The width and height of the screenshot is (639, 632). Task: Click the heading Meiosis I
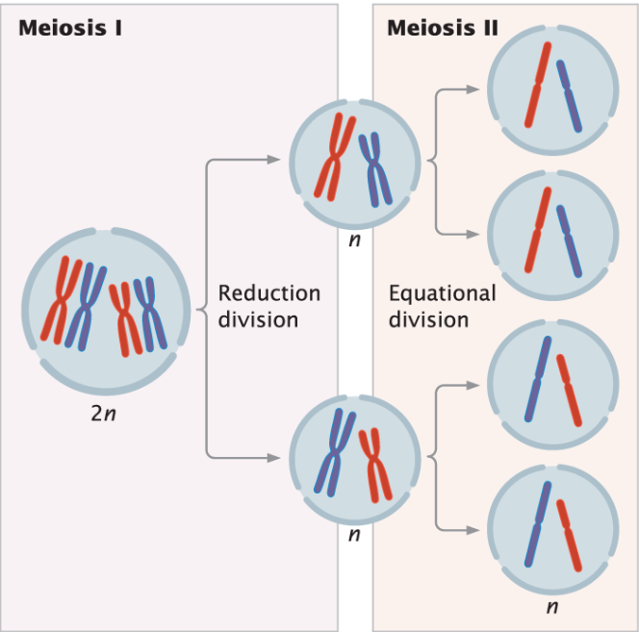[x=70, y=27]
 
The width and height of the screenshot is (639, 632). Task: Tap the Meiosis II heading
[x=443, y=27]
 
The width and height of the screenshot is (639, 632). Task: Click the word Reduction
[x=269, y=292]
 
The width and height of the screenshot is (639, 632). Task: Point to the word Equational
[x=442, y=292]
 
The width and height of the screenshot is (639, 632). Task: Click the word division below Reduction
[x=257, y=318]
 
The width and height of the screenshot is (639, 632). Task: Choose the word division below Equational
[x=428, y=318]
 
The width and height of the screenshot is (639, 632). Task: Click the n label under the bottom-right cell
[x=551, y=607]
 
